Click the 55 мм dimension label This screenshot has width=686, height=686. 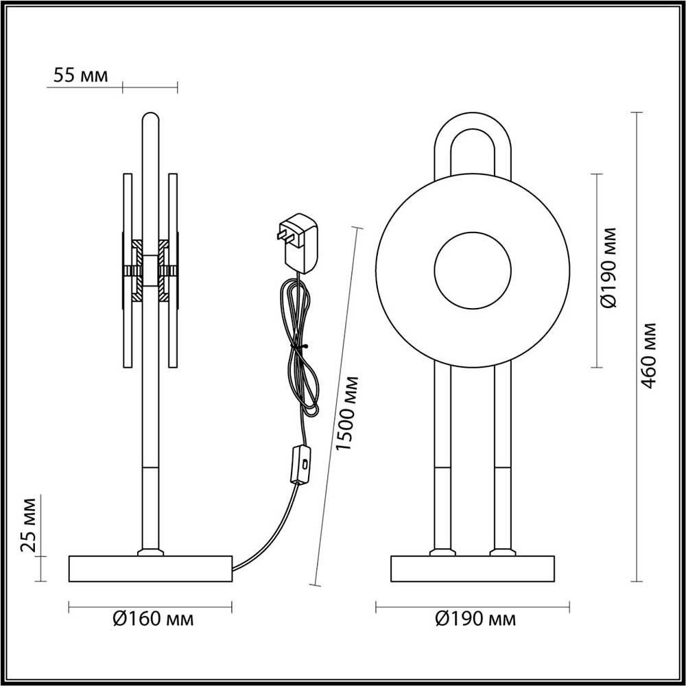tap(80, 75)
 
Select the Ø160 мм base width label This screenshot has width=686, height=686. tap(152, 619)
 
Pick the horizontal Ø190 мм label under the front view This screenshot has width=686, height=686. tap(475, 619)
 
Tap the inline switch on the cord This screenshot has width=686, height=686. tap(300, 465)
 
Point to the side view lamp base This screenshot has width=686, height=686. tap(150, 569)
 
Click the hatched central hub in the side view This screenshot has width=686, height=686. tap(150, 270)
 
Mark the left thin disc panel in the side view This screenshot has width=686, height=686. tap(126, 271)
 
